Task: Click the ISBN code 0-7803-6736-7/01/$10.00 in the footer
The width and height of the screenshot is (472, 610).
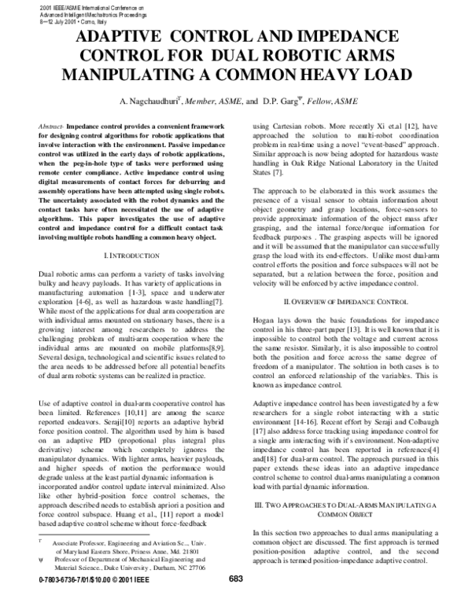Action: [79, 601]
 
